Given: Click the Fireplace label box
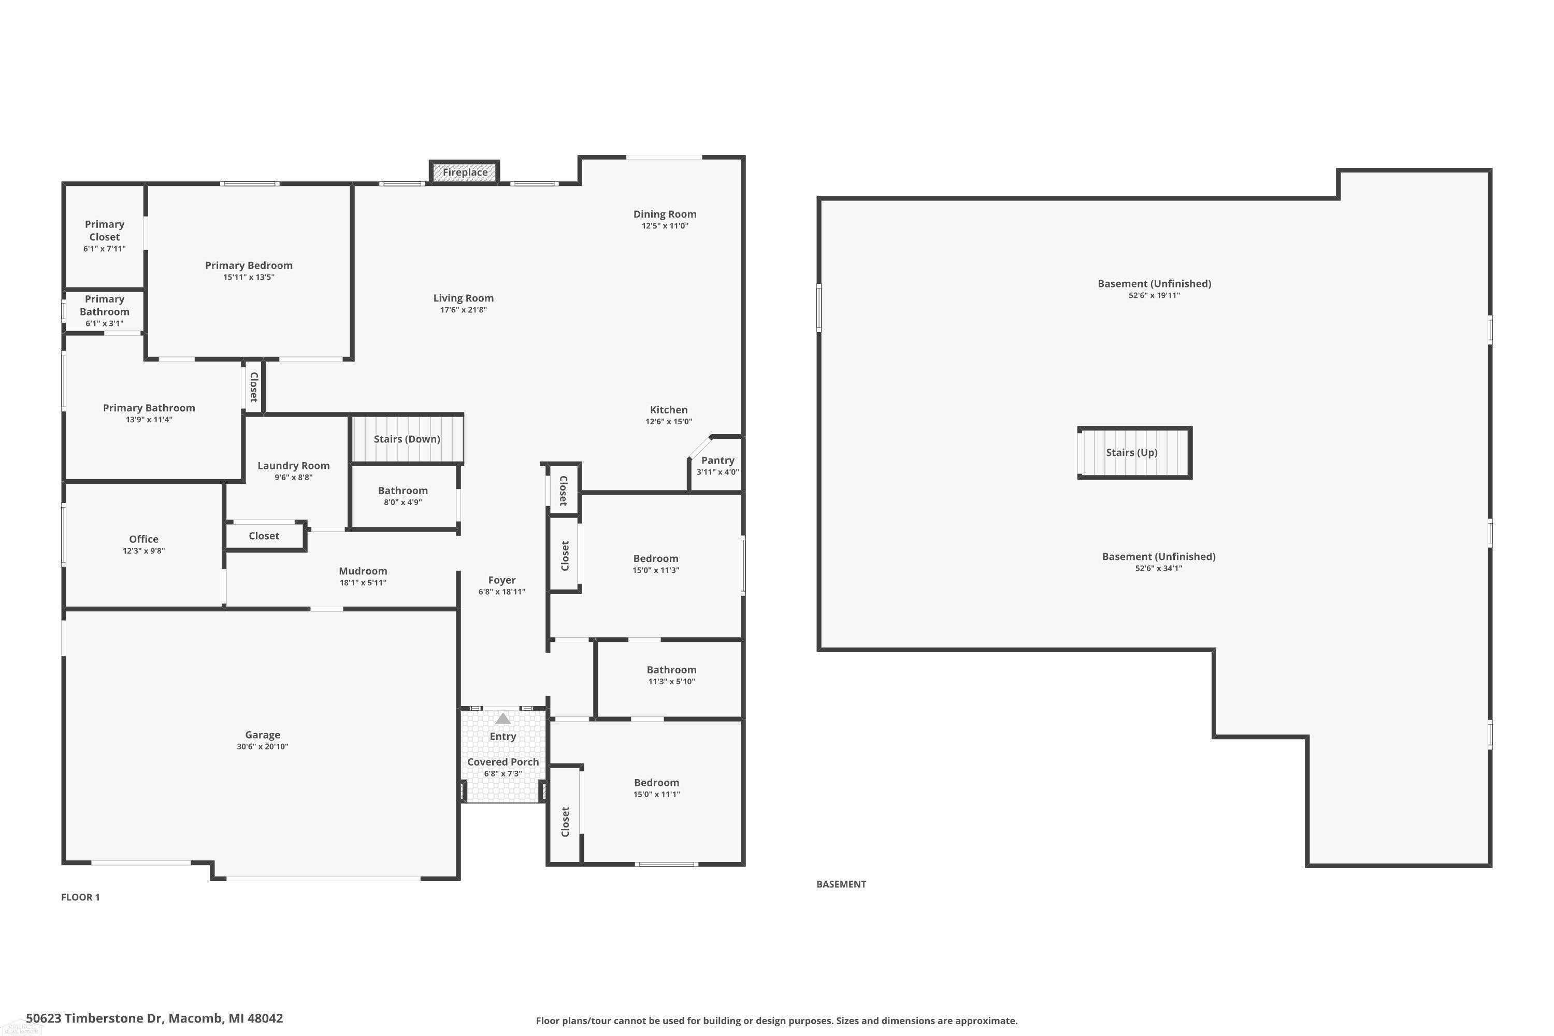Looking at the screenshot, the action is coord(465,172).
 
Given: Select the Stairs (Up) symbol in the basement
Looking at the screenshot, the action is coord(1134,453).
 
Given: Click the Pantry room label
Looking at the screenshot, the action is coord(717,461).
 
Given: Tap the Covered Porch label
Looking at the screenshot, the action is coord(503,762).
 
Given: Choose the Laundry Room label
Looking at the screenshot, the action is coord(293,466).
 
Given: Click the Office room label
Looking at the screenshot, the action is coord(143,539).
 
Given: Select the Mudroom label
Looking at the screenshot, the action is coord(363,571).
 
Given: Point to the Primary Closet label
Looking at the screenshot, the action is coord(105,231).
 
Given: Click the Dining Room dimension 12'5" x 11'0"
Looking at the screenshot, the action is coord(665,226).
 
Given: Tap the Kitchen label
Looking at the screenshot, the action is coord(669,410).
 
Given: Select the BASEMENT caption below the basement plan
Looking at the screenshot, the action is coord(841,884).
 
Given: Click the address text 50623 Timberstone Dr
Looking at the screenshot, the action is coord(94,1018).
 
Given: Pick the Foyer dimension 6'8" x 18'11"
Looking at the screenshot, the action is coord(501,592).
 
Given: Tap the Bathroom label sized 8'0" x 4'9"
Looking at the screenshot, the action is coord(402,490).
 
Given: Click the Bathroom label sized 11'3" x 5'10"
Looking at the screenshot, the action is coord(671,670).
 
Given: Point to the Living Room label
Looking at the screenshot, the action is coord(463,298).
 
